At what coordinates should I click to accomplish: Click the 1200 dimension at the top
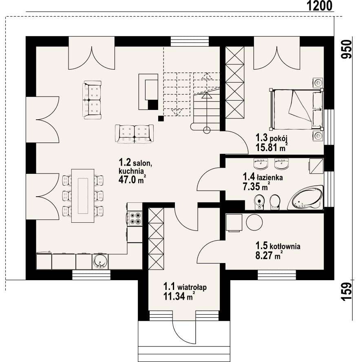[x=320, y=6]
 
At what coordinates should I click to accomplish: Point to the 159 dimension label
[x=347, y=292]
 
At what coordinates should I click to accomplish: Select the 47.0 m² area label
[x=132, y=180]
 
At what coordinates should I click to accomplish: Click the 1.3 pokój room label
[x=271, y=138]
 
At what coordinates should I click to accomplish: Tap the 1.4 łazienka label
[x=263, y=177]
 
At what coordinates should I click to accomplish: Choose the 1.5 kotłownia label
[x=278, y=246]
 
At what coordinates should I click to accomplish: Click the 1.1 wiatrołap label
[x=185, y=287]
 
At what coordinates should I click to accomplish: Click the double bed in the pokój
[x=296, y=109]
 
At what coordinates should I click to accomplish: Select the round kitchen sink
[x=100, y=261]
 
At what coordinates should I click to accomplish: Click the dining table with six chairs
[x=83, y=195]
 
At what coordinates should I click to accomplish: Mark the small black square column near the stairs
[x=161, y=118]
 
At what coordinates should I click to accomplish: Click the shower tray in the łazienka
[x=316, y=166]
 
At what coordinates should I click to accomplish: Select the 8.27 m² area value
[x=269, y=255]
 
